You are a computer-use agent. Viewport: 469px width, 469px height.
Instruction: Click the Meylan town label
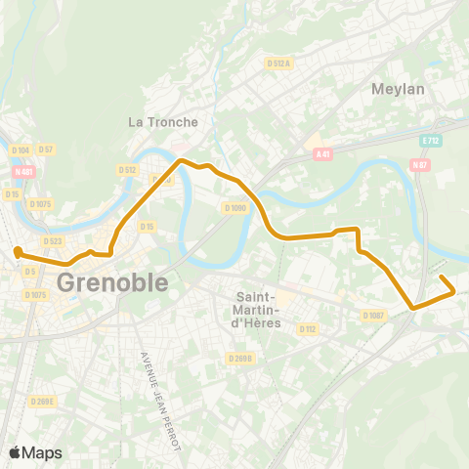[398, 89]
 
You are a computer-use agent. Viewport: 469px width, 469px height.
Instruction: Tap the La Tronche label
[163, 122]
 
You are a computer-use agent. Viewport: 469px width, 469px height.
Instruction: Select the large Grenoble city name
[112, 282]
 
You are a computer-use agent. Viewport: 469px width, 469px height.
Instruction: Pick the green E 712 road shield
[429, 141]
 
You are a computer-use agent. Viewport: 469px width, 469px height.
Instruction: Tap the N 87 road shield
[421, 164]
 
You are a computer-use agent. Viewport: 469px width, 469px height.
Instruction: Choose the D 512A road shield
[279, 64]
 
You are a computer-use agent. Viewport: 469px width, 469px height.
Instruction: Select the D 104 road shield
[21, 149]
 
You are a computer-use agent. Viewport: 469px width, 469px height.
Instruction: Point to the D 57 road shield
[47, 149]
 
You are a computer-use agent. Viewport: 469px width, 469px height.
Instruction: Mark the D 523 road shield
[52, 240]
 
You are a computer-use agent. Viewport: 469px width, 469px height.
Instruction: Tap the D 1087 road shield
[373, 316]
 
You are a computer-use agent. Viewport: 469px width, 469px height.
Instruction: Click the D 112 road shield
[307, 329]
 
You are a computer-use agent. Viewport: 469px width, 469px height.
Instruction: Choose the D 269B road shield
[241, 359]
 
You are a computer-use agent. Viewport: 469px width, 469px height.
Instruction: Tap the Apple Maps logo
[34, 452]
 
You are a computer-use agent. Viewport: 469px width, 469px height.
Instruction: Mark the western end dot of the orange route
[18, 252]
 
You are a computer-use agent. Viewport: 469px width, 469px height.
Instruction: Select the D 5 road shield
[30, 272]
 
